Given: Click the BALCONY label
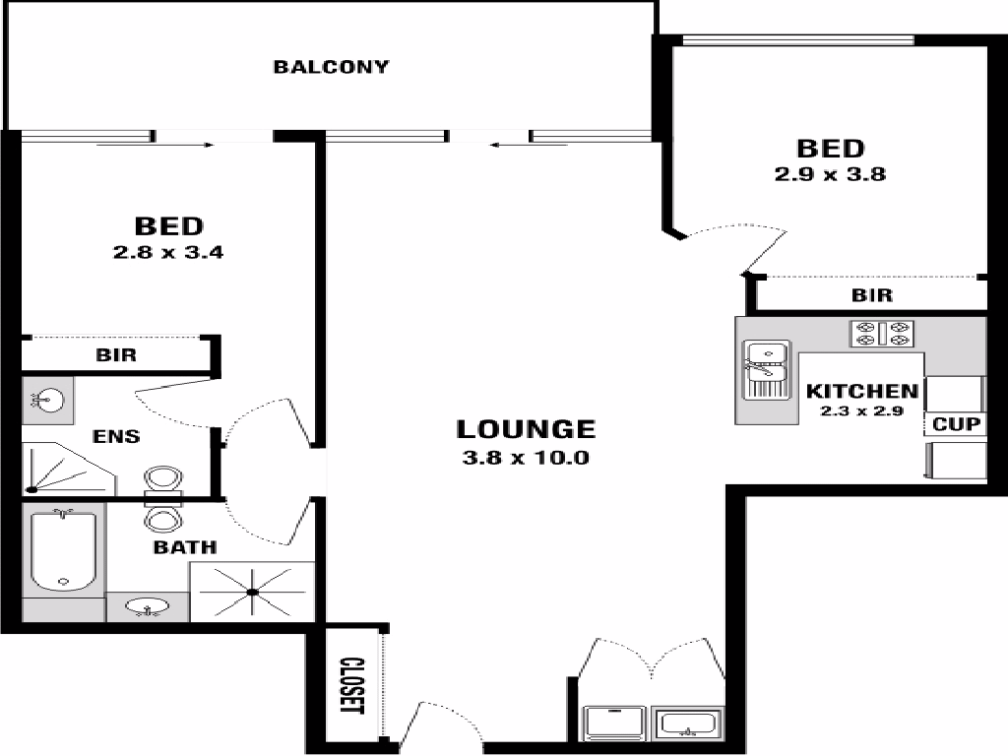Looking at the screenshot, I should (x=331, y=67).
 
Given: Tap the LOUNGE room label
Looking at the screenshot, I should (x=526, y=429).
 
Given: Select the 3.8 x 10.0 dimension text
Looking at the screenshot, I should (x=526, y=457).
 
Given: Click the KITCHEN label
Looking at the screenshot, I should (x=862, y=391).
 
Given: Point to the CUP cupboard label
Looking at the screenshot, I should (x=954, y=424).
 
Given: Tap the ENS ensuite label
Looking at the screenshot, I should (x=116, y=436).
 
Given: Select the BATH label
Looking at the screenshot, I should (x=185, y=547).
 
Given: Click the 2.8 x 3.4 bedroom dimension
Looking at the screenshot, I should (x=168, y=252).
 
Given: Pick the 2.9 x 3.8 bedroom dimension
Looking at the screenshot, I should (x=831, y=175).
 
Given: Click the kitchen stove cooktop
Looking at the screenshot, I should (x=883, y=334).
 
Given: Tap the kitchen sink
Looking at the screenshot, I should (x=766, y=369).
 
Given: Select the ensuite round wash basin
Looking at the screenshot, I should (x=44, y=400).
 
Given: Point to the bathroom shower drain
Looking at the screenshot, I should (x=253, y=592).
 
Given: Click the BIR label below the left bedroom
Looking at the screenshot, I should (x=116, y=355).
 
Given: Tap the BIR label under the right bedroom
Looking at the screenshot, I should (x=871, y=295).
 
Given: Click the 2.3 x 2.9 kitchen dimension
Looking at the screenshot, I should (x=862, y=411).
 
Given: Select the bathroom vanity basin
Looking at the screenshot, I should (x=148, y=608).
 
